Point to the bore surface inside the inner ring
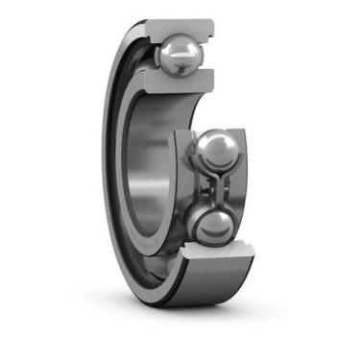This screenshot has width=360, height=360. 144,173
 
